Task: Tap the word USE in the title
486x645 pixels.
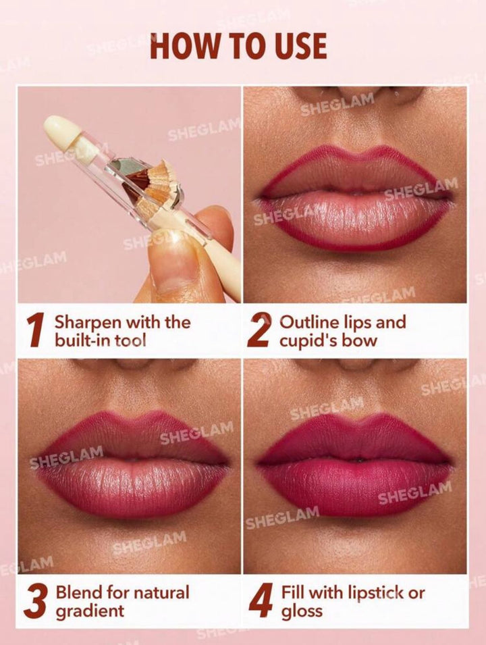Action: coord(300,45)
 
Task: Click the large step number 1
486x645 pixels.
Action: coord(36,330)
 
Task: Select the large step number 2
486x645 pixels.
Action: coord(259,330)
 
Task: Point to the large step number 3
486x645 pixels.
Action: coord(36,601)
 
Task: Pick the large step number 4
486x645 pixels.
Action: coord(261,601)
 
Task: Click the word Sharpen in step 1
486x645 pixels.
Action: coord(88,323)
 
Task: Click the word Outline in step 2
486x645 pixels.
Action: coord(308,322)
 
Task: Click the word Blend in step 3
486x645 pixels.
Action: coord(79,593)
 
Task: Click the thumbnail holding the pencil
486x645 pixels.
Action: coord(177,263)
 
